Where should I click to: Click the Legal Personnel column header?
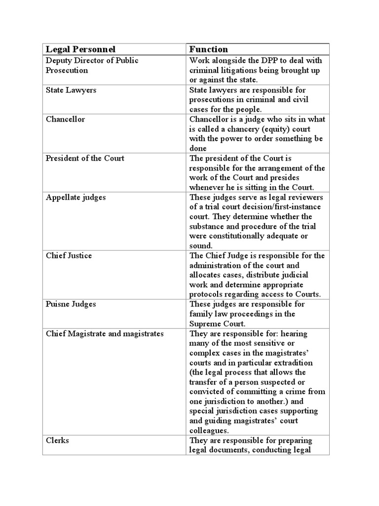80,49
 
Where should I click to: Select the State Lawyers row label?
71,90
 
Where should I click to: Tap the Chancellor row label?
65,120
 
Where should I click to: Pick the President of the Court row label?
85,158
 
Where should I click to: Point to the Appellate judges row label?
76,197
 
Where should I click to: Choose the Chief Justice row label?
69,255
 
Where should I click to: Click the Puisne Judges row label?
71,304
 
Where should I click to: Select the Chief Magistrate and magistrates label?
104,334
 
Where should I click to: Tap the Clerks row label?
57,440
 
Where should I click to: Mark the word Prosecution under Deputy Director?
67,70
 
